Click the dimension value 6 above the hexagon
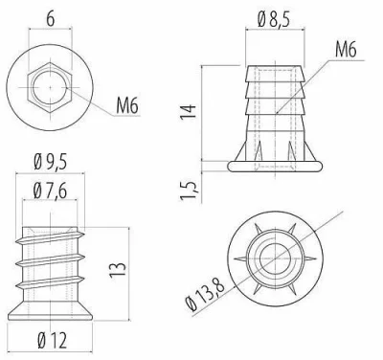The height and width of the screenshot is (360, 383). pos(50,19)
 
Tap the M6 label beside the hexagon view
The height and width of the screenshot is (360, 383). pos(127,106)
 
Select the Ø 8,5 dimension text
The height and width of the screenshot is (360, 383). pos(274,20)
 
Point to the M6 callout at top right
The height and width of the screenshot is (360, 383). pos(346,50)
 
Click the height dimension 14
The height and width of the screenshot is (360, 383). pos(188,112)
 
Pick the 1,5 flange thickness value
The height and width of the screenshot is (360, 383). pos(189,191)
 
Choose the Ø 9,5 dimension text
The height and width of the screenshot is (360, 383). pos(50,163)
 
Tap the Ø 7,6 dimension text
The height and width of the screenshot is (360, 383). pos(50,191)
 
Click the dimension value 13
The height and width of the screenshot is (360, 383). pos(118,270)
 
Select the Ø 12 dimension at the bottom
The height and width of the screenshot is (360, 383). pos(53,341)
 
